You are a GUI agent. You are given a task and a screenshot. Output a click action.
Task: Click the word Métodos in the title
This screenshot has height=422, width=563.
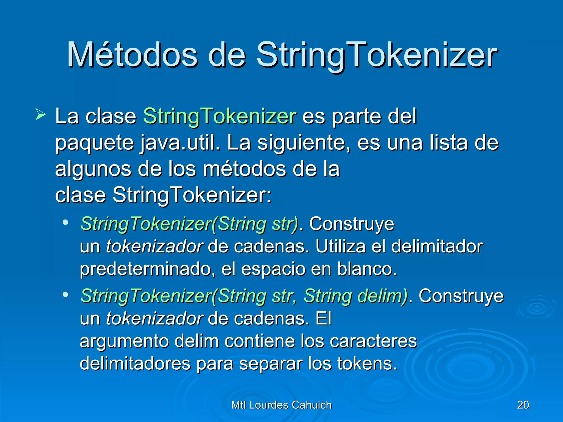coord(132,55)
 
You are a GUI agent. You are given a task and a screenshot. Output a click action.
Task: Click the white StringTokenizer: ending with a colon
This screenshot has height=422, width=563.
coord(192,195)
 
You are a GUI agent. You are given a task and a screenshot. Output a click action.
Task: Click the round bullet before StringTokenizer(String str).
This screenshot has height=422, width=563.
coord(65,222)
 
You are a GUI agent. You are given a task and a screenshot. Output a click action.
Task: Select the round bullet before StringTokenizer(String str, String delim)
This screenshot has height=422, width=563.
coord(65,295)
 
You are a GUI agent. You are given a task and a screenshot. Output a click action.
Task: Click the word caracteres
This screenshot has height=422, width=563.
coord(373,341)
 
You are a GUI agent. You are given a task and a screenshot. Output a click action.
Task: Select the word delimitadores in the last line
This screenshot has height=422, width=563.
coord(135,363)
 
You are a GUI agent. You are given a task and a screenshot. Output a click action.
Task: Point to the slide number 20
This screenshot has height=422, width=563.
coord(523,405)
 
